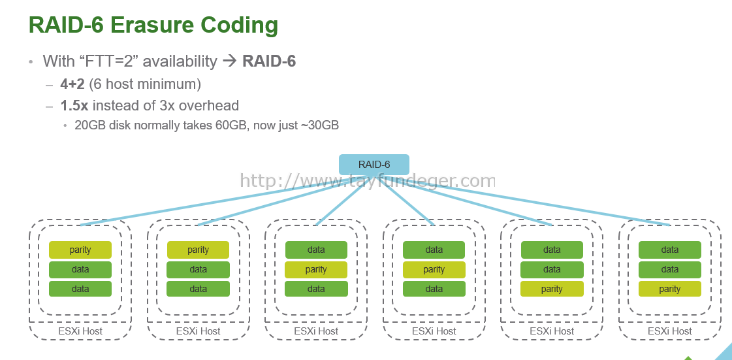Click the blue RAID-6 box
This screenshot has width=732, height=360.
[x=374, y=165]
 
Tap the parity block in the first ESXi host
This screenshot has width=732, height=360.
[x=80, y=250]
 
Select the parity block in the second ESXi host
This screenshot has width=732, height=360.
[x=198, y=250]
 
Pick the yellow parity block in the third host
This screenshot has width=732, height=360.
[x=316, y=269]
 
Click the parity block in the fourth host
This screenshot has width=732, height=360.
[x=434, y=269]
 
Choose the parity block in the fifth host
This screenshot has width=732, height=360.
[x=552, y=289]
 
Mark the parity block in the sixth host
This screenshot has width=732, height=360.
[x=670, y=289]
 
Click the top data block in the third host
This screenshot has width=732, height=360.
[x=316, y=250]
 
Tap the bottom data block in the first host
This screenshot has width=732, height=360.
[x=80, y=289]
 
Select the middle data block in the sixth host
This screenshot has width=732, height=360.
[x=670, y=269]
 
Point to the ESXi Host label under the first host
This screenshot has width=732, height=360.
[x=80, y=331]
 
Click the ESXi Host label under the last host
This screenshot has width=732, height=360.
[x=670, y=331]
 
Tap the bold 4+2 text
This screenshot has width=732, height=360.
[x=72, y=84]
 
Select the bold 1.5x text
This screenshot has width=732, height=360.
[x=74, y=105]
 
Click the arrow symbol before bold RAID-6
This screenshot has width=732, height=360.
[x=230, y=61]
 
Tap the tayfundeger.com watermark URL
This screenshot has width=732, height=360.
[x=367, y=180]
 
